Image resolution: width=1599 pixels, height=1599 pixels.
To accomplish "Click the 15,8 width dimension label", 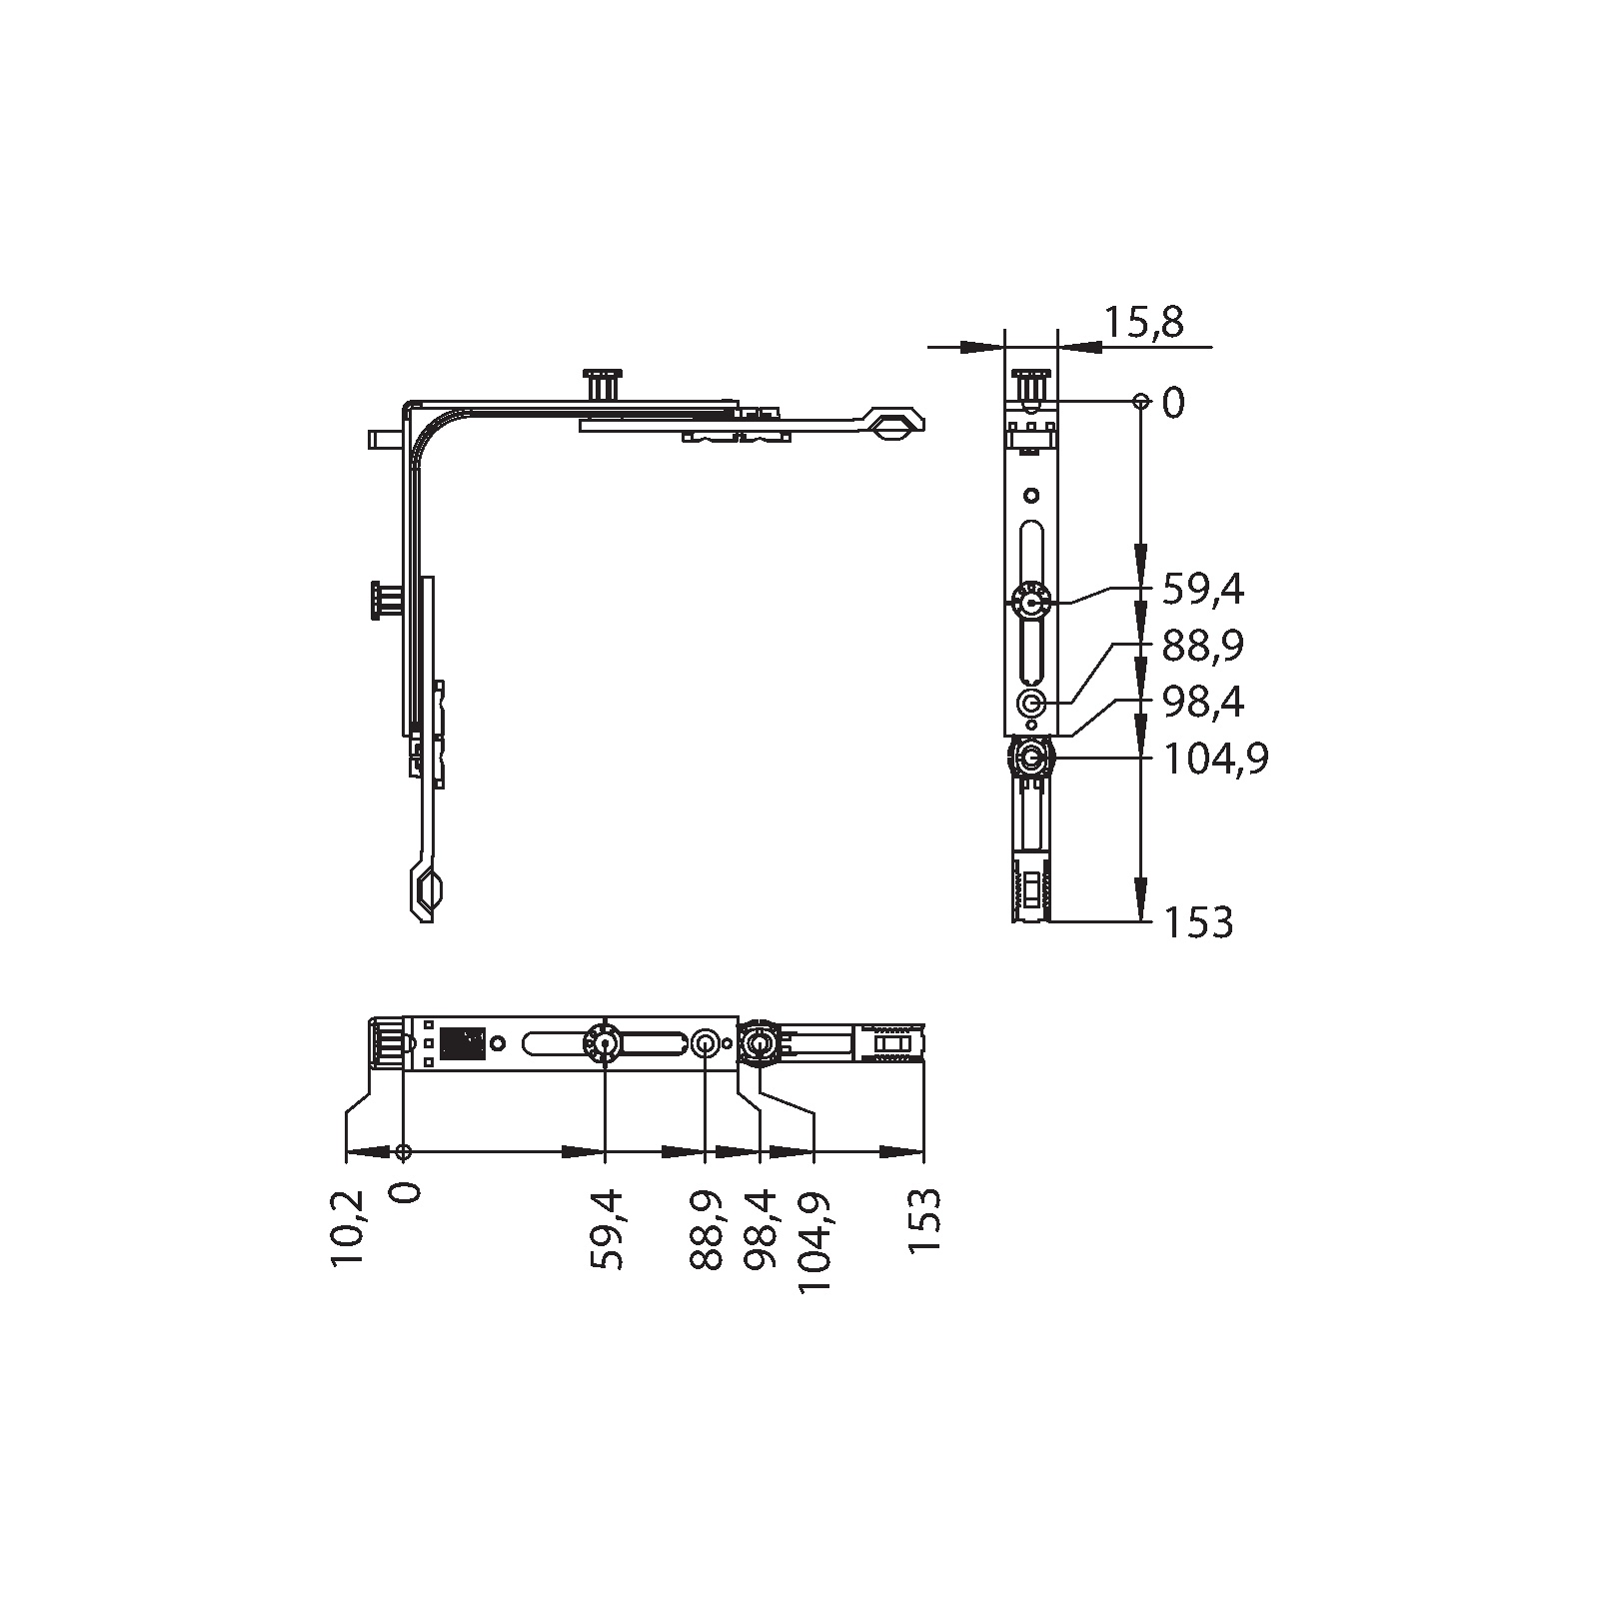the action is tap(1144, 323).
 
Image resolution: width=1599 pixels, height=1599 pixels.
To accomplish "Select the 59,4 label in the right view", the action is tap(1203, 591).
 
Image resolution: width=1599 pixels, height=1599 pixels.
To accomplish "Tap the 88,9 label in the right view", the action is tap(1203, 647).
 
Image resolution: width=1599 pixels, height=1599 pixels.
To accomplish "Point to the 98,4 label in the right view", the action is tap(1203, 703).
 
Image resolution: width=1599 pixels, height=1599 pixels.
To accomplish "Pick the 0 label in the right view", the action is tap(1173, 404).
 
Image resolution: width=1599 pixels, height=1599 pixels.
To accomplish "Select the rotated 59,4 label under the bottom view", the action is tap(607, 1229).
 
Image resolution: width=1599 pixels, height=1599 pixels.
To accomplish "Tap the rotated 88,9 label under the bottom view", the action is tap(707, 1229).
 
